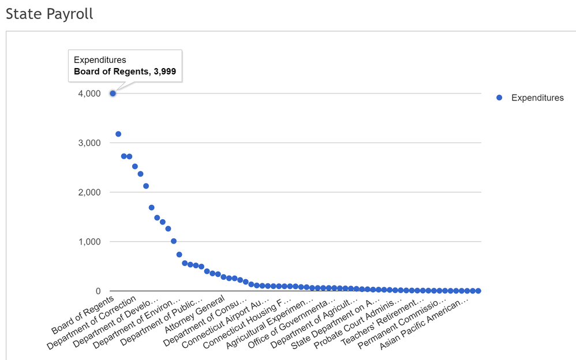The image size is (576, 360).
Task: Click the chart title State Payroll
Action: tap(50, 14)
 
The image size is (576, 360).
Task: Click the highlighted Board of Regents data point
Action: tap(113, 93)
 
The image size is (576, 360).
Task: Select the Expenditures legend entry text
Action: tap(537, 98)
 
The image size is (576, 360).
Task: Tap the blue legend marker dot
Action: tap(500, 98)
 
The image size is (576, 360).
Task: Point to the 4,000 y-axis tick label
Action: tap(89, 93)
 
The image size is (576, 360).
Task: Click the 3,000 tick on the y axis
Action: tap(89, 143)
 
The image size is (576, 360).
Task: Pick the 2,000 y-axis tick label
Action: tap(89, 192)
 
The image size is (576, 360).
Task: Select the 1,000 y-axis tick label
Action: tap(89, 242)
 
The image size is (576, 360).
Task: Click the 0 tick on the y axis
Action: tap(98, 291)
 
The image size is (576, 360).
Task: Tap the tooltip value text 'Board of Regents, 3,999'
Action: tap(125, 72)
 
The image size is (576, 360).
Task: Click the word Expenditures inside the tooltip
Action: tap(100, 59)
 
